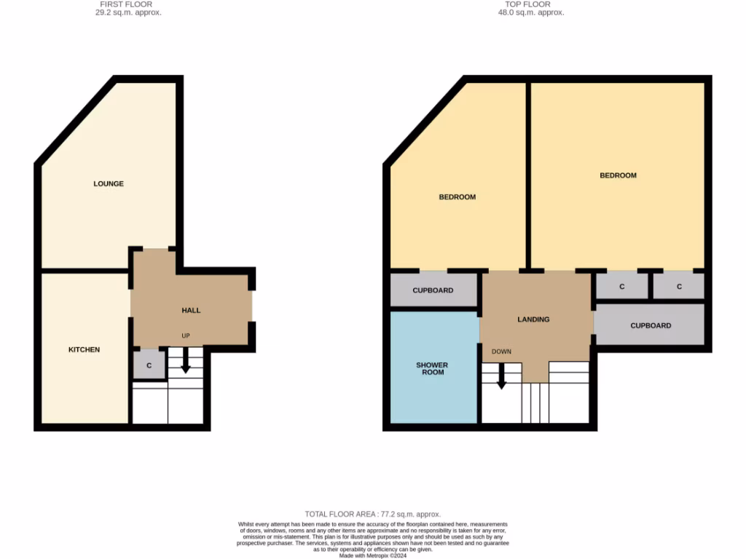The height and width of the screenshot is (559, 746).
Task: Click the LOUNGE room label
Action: pyautogui.click(x=109, y=183)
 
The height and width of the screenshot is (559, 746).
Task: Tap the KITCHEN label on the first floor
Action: pyautogui.click(x=84, y=349)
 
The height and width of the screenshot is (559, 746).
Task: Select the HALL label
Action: pyautogui.click(x=191, y=310)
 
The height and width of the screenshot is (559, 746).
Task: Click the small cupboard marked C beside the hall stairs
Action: pyautogui.click(x=149, y=365)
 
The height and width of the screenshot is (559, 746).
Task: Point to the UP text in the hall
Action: pyautogui.click(x=186, y=336)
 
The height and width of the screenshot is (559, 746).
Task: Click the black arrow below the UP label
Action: pyautogui.click(x=185, y=362)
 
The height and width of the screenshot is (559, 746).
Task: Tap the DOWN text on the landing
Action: pyautogui.click(x=501, y=352)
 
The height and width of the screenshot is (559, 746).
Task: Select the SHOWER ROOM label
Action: pyautogui.click(x=433, y=368)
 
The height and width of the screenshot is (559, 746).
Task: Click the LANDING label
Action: pyautogui.click(x=533, y=320)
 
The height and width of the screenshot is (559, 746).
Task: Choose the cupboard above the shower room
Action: pyautogui.click(x=433, y=290)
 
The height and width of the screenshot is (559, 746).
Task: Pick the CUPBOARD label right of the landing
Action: pyautogui.click(x=651, y=325)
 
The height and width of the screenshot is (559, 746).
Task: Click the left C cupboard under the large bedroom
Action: pyautogui.click(x=621, y=287)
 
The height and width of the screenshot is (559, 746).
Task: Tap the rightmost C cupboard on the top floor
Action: pyautogui.click(x=679, y=287)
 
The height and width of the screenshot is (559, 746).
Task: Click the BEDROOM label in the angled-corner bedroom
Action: pyautogui.click(x=457, y=197)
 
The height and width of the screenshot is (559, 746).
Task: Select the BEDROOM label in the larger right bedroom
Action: pyautogui.click(x=618, y=175)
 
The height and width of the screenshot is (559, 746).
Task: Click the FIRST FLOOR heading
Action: pyautogui.click(x=126, y=4)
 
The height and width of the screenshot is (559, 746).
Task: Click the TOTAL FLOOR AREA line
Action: pyautogui.click(x=372, y=514)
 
